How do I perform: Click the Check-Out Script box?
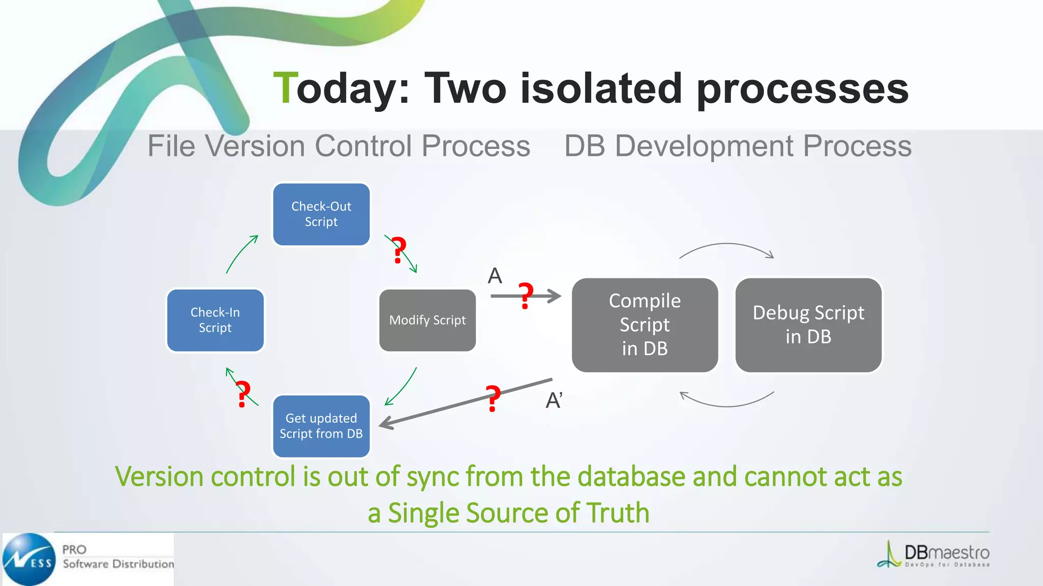[321, 214]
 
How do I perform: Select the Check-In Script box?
[215, 320]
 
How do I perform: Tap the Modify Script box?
[427, 320]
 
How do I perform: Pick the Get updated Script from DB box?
[321, 426]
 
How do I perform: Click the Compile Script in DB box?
[644, 325]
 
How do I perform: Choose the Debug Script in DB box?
[808, 325]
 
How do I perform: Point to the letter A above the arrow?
[495, 276]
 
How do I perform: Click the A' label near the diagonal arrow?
[554, 400]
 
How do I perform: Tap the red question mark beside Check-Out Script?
[399, 250]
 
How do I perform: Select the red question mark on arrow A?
[526, 296]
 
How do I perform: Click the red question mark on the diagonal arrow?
[492, 398]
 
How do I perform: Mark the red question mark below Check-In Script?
[243, 394]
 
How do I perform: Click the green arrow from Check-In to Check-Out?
[241, 254]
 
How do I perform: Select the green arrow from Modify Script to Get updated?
[402, 387]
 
